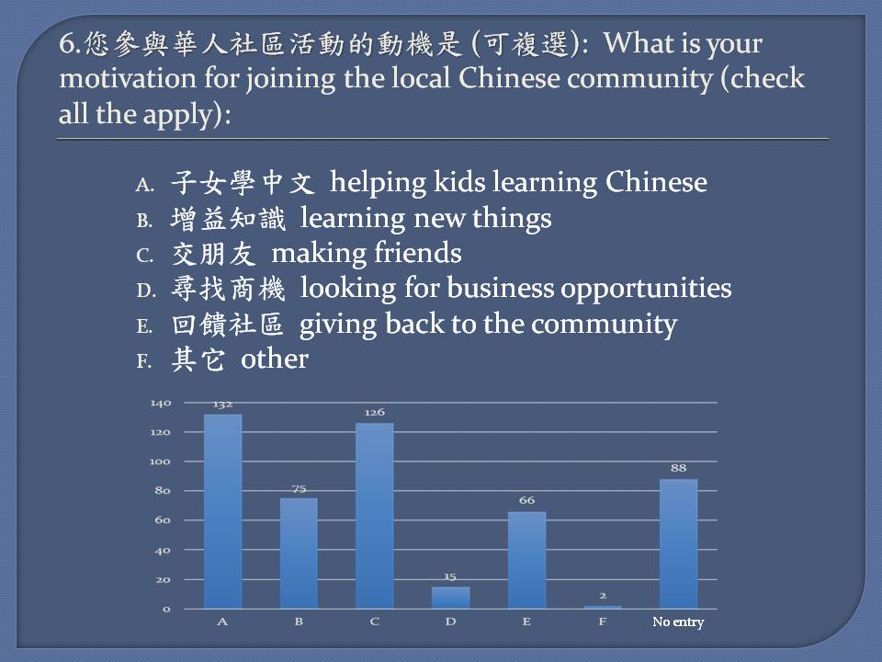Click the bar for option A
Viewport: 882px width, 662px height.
(x=222, y=511)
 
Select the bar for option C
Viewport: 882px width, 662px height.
(x=375, y=516)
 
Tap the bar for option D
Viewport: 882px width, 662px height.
(x=450, y=598)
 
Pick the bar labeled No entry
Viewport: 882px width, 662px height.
(x=678, y=543)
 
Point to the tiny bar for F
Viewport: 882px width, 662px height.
(x=603, y=607)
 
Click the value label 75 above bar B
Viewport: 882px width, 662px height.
(x=300, y=488)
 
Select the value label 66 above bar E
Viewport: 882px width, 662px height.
(x=526, y=500)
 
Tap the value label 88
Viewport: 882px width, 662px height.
(x=678, y=468)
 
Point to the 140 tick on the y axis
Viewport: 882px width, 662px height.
(x=160, y=403)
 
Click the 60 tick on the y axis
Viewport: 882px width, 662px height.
(x=163, y=520)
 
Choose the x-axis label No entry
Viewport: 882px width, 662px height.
(x=678, y=622)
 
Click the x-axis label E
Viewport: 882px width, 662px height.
(x=526, y=622)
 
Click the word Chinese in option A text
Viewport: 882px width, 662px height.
(x=656, y=182)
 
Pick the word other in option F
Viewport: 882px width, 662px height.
(x=275, y=360)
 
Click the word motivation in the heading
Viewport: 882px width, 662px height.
(x=128, y=78)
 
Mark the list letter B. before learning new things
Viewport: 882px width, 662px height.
(x=144, y=220)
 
